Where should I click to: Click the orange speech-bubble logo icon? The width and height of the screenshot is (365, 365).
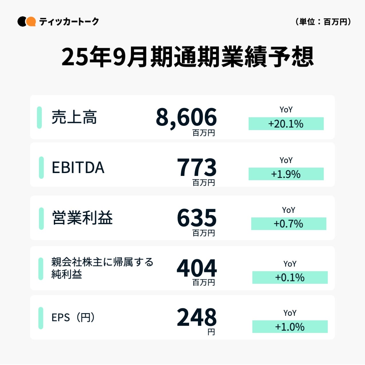30,21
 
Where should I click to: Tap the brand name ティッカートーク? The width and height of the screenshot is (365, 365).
69,21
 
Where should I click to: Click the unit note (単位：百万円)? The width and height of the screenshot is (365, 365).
323,22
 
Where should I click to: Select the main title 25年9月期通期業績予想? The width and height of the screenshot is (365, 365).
188,57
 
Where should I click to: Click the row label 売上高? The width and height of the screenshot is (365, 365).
74,117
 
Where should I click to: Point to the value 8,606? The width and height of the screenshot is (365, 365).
186,117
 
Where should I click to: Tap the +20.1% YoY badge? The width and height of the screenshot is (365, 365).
286,124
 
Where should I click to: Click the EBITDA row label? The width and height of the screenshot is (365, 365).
78,168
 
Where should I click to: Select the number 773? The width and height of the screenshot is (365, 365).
197,167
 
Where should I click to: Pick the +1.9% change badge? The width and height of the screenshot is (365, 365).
286,174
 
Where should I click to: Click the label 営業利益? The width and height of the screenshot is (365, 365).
83,218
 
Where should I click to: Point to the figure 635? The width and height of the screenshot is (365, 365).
197,218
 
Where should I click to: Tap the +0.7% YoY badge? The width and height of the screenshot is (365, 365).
289,224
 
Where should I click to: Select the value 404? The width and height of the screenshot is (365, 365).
197,268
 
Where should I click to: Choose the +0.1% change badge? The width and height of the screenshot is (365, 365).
290,277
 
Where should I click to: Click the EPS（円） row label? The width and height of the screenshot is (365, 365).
73,317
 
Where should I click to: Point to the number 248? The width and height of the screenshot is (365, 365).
197,317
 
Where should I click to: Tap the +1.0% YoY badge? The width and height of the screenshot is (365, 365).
290,327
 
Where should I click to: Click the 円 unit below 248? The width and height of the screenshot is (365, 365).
211,332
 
